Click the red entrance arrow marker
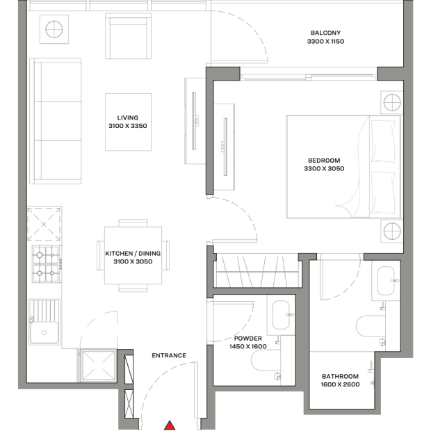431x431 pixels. pos(170,425)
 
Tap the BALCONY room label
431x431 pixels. pos(326,33)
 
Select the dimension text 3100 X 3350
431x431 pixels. pos(128,126)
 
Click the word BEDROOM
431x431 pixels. pos(324,161)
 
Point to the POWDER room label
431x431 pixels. pos(248,339)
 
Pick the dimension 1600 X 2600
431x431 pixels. pos(341,384)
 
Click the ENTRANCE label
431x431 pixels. pos(169,355)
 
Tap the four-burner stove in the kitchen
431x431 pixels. pos(46,264)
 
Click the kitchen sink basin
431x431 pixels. pos(44,332)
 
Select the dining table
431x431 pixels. pos(133,255)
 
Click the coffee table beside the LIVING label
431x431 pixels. pos(128,122)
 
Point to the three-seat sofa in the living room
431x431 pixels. pos(56,121)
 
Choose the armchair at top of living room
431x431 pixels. pos(128,36)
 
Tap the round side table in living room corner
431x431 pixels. pos(54,29)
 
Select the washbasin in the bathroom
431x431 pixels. pos(386,281)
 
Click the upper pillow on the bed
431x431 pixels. pos(382,140)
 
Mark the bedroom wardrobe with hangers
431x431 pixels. pos(257,270)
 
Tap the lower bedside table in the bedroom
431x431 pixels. pos(392,231)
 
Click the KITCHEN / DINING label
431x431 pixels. pos(133,254)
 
